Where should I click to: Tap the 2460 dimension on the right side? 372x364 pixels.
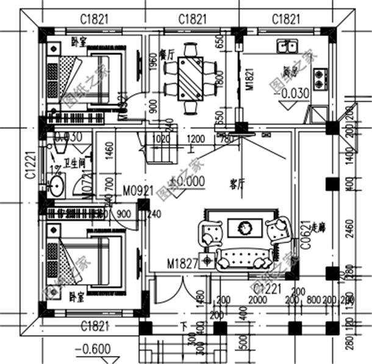349,229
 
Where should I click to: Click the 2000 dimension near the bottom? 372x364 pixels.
258,299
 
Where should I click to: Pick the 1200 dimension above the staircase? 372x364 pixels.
196,138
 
